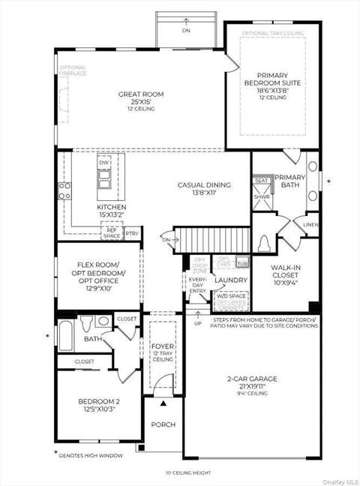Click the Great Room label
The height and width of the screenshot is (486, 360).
click(141, 94)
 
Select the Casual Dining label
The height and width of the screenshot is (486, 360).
click(203, 184)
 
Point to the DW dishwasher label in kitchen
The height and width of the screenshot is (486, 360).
click(103, 163)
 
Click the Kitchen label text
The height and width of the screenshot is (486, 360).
click(110, 206)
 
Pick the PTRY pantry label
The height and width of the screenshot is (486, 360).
click(132, 234)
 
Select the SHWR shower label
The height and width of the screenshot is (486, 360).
click(262, 197)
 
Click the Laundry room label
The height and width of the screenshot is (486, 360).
click(231, 280)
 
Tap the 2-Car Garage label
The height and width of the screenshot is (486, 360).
click(253, 379)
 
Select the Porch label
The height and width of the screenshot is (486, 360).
click(163, 424)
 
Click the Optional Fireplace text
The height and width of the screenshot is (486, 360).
click(73, 70)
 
